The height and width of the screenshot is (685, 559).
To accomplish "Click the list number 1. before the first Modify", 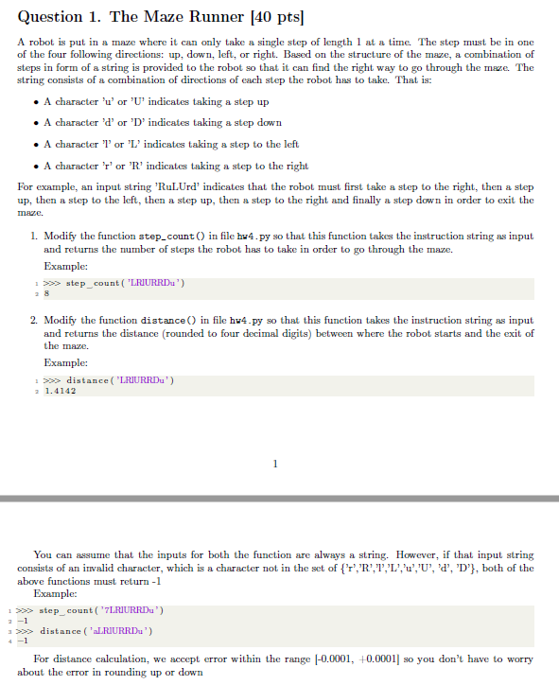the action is pos(33,236).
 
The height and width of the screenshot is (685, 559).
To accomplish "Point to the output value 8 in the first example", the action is pos(46,294).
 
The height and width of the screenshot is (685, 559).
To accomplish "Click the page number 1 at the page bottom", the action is pos(274,464).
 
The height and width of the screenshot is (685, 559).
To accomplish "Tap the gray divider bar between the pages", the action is pos(279,498).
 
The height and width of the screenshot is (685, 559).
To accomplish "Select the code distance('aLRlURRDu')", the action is pos(98,631).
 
